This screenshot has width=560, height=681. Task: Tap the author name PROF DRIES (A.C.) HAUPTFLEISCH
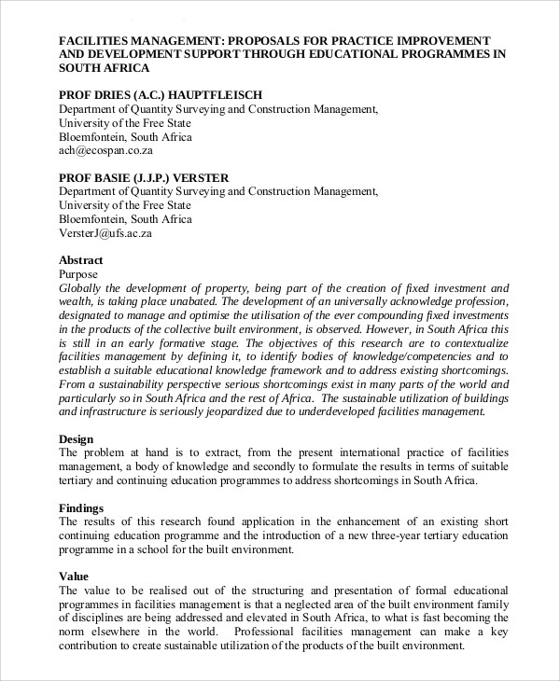point(161,95)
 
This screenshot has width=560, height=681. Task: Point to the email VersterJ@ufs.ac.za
point(105,233)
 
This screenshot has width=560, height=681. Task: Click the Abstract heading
point(80,260)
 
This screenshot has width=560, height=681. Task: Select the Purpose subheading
point(78,274)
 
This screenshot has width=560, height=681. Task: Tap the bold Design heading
point(77,438)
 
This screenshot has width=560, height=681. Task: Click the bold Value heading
point(74,577)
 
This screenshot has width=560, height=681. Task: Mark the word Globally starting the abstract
point(82,288)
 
